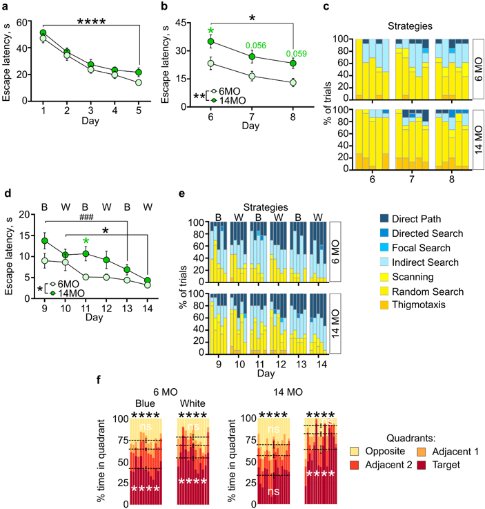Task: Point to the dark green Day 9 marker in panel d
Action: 46,241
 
